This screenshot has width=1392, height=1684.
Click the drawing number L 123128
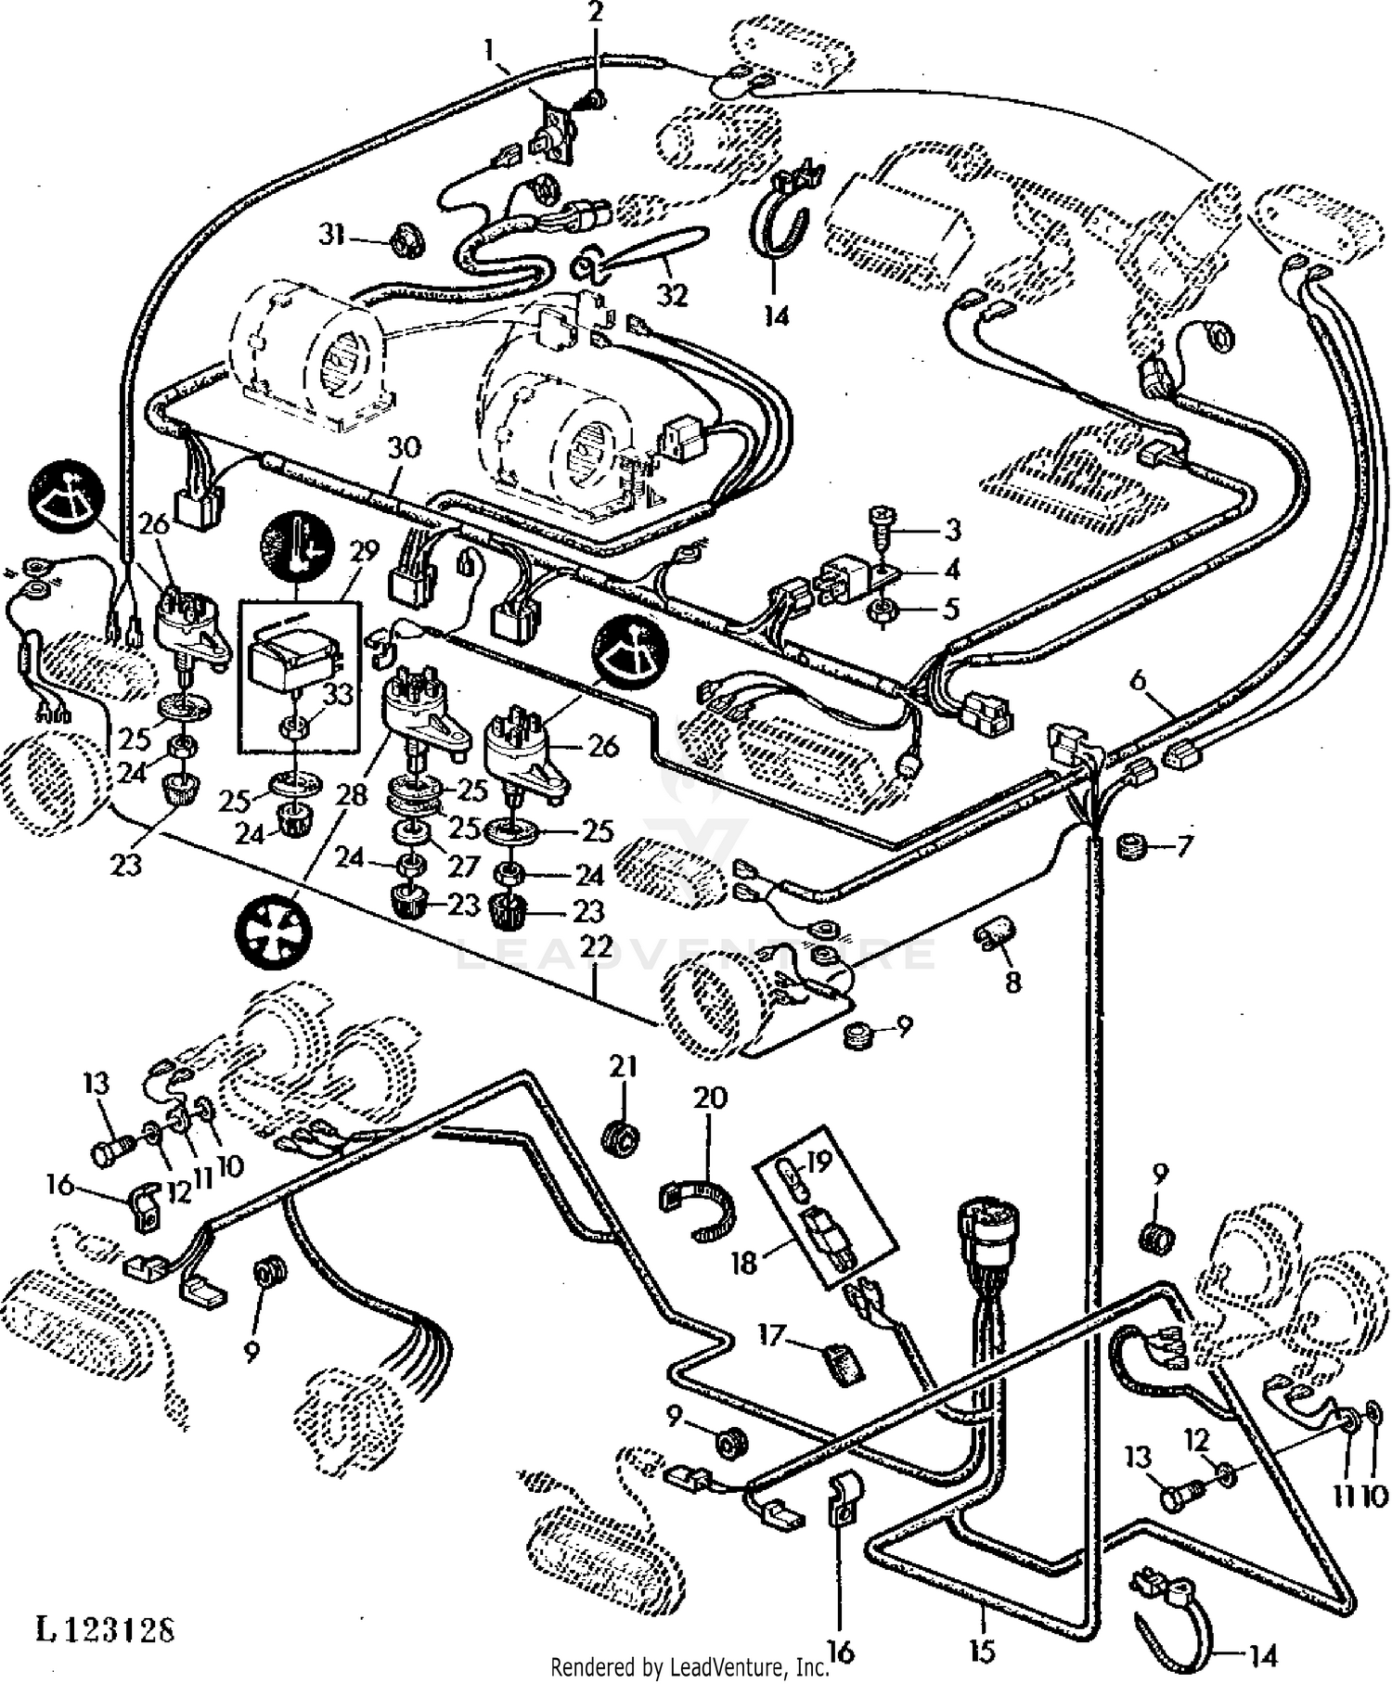tap(105, 1629)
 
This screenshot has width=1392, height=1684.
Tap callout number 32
tap(673, 295)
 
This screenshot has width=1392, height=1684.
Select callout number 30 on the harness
tap(404, 448)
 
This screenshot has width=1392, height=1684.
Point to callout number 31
tap(331, 235)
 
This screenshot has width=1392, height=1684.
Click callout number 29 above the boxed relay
tap(365, 552)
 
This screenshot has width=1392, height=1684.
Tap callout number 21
tap(623, 1067)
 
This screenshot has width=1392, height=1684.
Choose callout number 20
tap(710, 1099)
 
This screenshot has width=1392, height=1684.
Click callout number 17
tap(772, 1336)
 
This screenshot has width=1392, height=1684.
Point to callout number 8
tap(1012, 982)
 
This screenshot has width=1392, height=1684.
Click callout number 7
tap(1182, 845)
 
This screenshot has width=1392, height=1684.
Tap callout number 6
tap(1139, 682)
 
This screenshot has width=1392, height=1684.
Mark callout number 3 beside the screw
tap(952, 531)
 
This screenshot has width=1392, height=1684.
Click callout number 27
tap(463, 866)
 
